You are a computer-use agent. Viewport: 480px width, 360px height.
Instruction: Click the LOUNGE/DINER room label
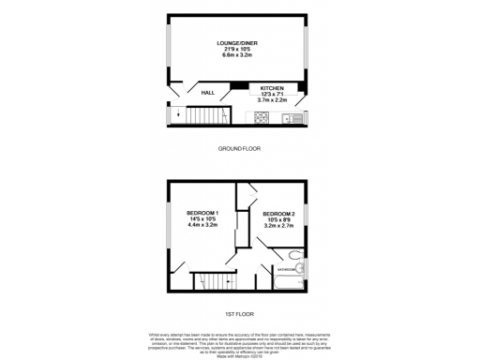238,44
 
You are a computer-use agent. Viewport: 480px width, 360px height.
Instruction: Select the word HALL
208,93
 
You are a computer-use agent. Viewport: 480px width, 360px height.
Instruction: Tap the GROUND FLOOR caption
239,148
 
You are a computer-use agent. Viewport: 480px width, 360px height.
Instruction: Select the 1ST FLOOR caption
239,313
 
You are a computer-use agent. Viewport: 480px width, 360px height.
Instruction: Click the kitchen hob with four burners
262,118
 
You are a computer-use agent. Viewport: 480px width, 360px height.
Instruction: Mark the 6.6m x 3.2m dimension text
238,55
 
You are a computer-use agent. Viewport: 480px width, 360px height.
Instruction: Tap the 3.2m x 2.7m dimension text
278,225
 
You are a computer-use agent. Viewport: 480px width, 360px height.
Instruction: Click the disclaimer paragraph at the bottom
239,342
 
